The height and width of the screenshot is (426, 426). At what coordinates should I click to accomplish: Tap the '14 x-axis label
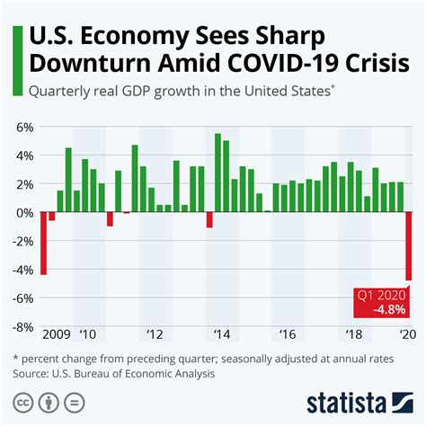click(221, 334)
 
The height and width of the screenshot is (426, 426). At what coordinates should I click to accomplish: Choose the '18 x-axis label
click(354, 334)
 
